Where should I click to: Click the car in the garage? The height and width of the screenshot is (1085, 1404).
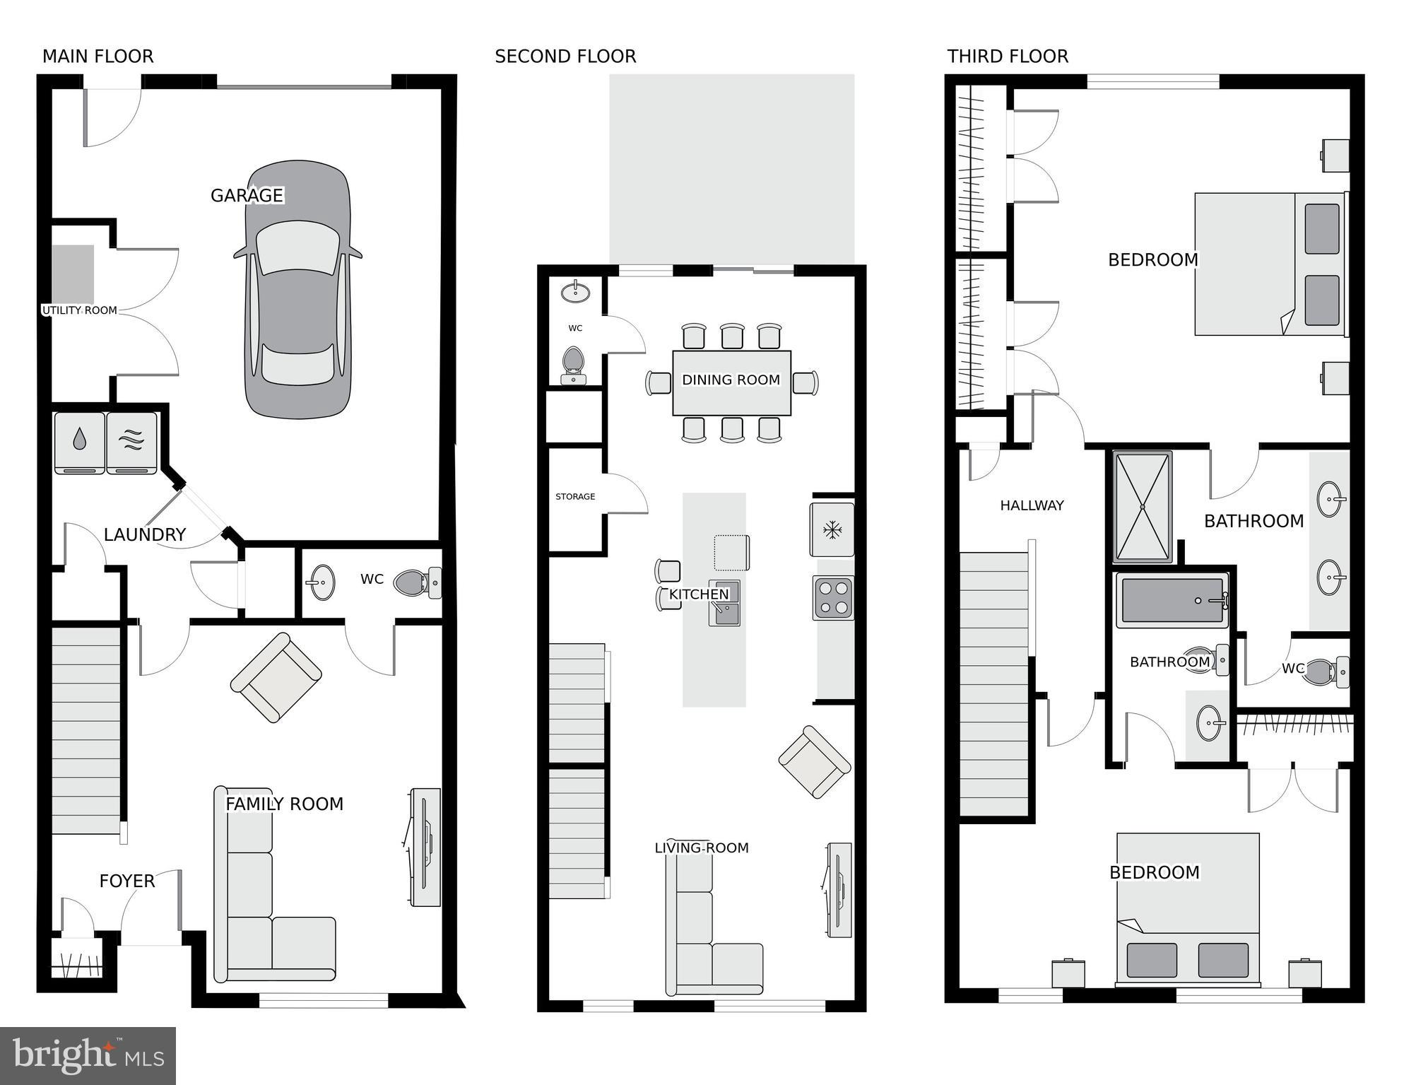click(x=297, y=290)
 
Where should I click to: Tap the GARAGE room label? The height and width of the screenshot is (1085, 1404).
click(x=247, y=195)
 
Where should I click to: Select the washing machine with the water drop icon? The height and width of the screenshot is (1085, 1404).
click(x=79, y=442)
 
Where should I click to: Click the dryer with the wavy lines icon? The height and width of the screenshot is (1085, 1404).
click(x=132, y=442)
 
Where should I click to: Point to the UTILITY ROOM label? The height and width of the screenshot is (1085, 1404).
click(x=79, y=310)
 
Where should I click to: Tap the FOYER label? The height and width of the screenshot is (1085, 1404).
click(x=126, y=881)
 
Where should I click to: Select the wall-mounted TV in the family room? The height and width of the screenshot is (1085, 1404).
click(x=425, y=847)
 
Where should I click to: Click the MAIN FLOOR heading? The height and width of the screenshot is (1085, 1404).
click(x=98, y=57)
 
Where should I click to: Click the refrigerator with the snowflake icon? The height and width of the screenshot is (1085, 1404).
click(x=832, y=529)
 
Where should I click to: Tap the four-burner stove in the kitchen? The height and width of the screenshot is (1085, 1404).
click(x=833, y=597)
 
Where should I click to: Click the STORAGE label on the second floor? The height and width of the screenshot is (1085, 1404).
click(x=575, y=497)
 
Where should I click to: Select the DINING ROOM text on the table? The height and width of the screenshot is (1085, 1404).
click(x=731, y=380)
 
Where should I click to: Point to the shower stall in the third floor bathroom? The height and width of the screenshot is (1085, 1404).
click(x=1143, y=506)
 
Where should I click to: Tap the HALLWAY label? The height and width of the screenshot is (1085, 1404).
click(x=1032, y=505)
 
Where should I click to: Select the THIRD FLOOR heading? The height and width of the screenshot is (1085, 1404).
click(x=1007, y=57)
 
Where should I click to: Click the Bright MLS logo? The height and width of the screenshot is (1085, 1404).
click(x=88, y=1055)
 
